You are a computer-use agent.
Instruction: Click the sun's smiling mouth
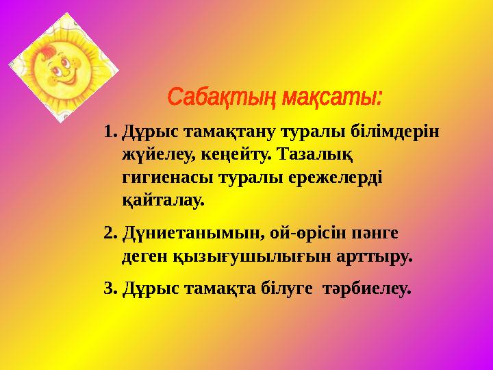(x=64, y=77)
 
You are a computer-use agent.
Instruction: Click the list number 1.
(x=109, y=130)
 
